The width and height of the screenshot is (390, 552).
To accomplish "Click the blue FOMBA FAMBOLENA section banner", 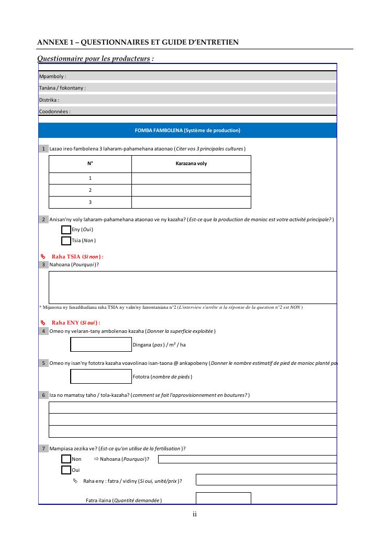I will (x=187, y=131).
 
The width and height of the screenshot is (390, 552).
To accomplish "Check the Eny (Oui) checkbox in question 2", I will (x=66, y=230).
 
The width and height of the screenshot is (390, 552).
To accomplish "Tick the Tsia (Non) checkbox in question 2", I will (x=66, y=241).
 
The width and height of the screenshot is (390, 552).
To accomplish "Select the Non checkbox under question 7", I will (x=66, y=459).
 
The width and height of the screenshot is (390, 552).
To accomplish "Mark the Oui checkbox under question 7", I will (x=66, y=470).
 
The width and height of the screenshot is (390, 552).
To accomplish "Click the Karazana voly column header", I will (x=191, y=164).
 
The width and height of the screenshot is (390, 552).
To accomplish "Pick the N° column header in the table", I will (x=90, y=164).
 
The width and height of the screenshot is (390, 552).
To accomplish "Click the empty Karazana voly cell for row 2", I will (x=191, y=190).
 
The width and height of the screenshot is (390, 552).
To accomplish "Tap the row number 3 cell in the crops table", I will (x=90, y=202).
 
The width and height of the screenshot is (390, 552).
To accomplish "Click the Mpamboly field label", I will (x=52, y=77).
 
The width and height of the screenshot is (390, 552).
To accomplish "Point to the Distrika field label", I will (x=49, y=100).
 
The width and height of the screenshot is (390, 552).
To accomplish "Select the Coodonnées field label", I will (x=54, y=111).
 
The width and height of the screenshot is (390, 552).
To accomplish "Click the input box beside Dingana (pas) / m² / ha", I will (x=101, y=344).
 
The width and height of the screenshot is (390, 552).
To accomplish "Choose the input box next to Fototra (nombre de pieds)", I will (x=101, y=376).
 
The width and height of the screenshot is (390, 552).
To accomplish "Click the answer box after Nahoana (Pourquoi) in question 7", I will (x=247, y=459).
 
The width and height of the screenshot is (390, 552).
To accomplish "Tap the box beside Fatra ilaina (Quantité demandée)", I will (x=223, y=499).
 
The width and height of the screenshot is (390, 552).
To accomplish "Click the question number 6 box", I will (x=43, y=395).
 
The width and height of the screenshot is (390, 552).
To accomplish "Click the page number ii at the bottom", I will (x=194, y=514).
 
